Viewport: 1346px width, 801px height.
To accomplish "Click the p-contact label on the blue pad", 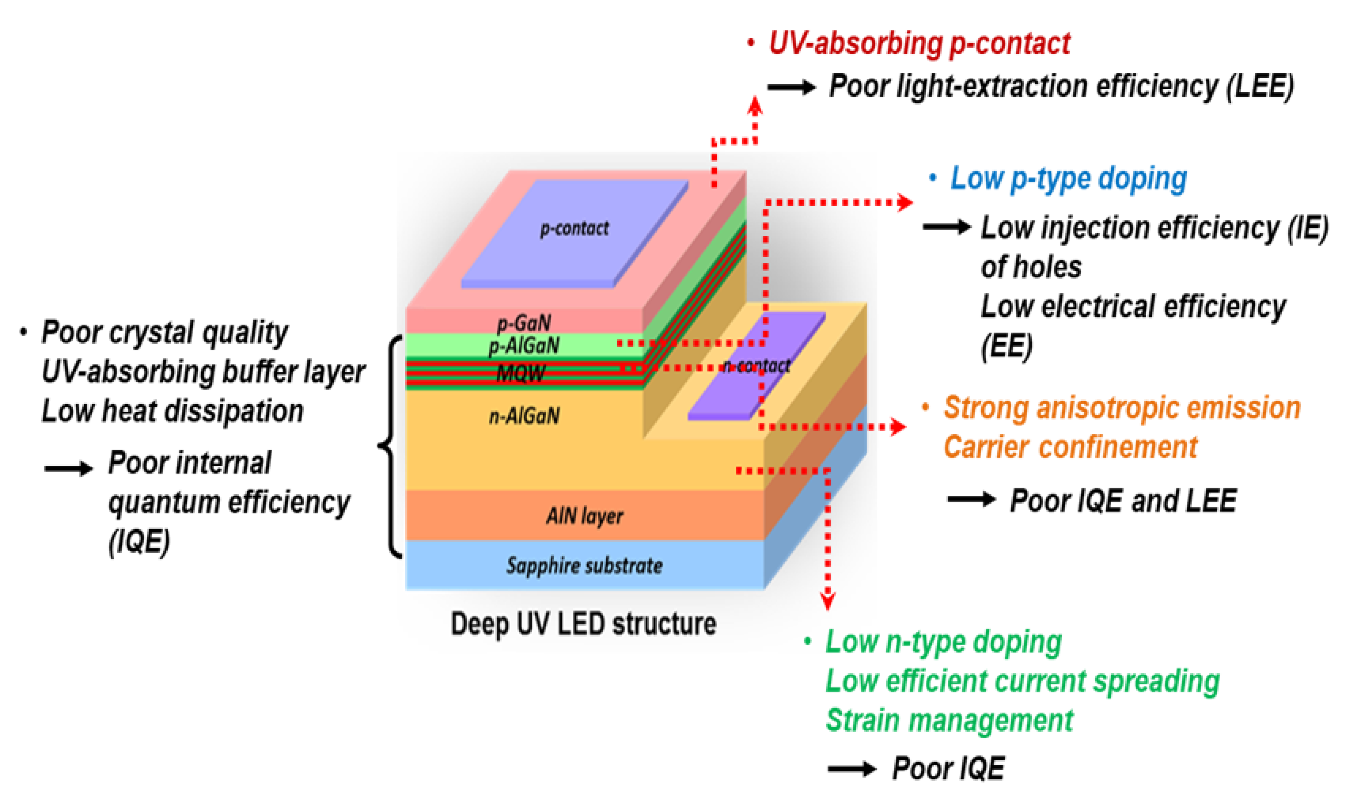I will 574,228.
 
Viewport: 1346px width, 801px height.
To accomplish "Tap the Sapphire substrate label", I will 584,565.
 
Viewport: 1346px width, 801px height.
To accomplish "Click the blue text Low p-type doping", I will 1068,178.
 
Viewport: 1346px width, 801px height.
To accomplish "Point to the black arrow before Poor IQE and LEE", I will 971,499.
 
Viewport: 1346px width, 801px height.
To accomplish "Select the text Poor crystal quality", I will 164,332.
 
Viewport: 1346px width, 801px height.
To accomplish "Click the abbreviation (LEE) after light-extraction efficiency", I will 1259,86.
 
